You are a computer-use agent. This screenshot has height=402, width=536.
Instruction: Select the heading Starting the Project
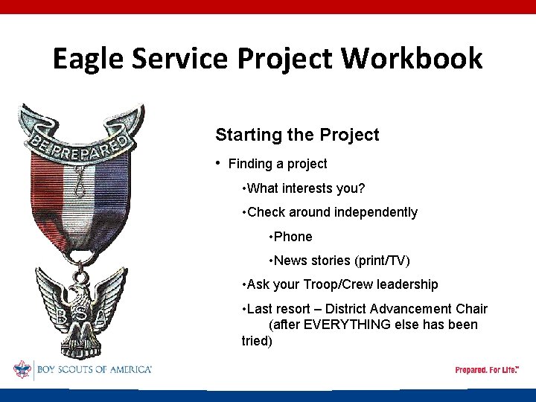[x=297, y=135]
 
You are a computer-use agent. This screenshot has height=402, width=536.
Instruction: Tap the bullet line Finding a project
[x=277, y=164]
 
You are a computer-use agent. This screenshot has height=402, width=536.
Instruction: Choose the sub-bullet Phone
[x=293, y=237]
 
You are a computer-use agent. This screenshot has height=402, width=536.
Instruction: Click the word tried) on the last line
[x=257, y=341]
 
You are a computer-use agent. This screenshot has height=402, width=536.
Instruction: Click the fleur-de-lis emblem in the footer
[x=23, y=369]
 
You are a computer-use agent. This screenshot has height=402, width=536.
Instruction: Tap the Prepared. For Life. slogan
[x=486, y=370]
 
